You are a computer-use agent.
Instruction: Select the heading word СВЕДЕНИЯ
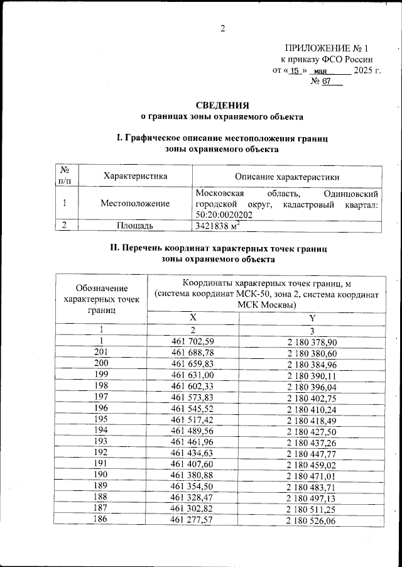tap(222, 105)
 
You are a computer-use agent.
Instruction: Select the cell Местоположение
tap(135, 203)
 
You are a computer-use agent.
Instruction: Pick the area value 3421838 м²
tap(219, 226)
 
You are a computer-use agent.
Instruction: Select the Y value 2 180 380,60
tap(312, 353)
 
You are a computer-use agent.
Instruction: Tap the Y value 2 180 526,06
tap(312, 522)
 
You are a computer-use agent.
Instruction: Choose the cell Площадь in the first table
tap(135, 226)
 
